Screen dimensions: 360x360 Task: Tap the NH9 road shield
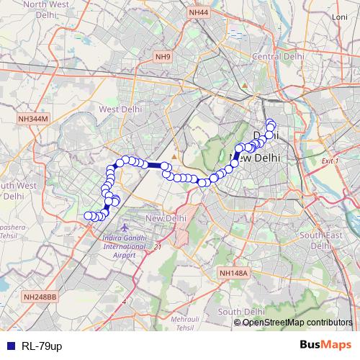click(163, 56)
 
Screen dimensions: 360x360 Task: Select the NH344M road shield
click(33, 119)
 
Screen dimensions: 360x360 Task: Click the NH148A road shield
click(233, 273)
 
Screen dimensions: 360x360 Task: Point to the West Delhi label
click(119, 109)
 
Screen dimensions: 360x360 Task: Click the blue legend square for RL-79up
click(8, 346)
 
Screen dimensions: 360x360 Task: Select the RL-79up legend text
click(42, 346)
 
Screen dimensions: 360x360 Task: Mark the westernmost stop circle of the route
click(88, 215)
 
